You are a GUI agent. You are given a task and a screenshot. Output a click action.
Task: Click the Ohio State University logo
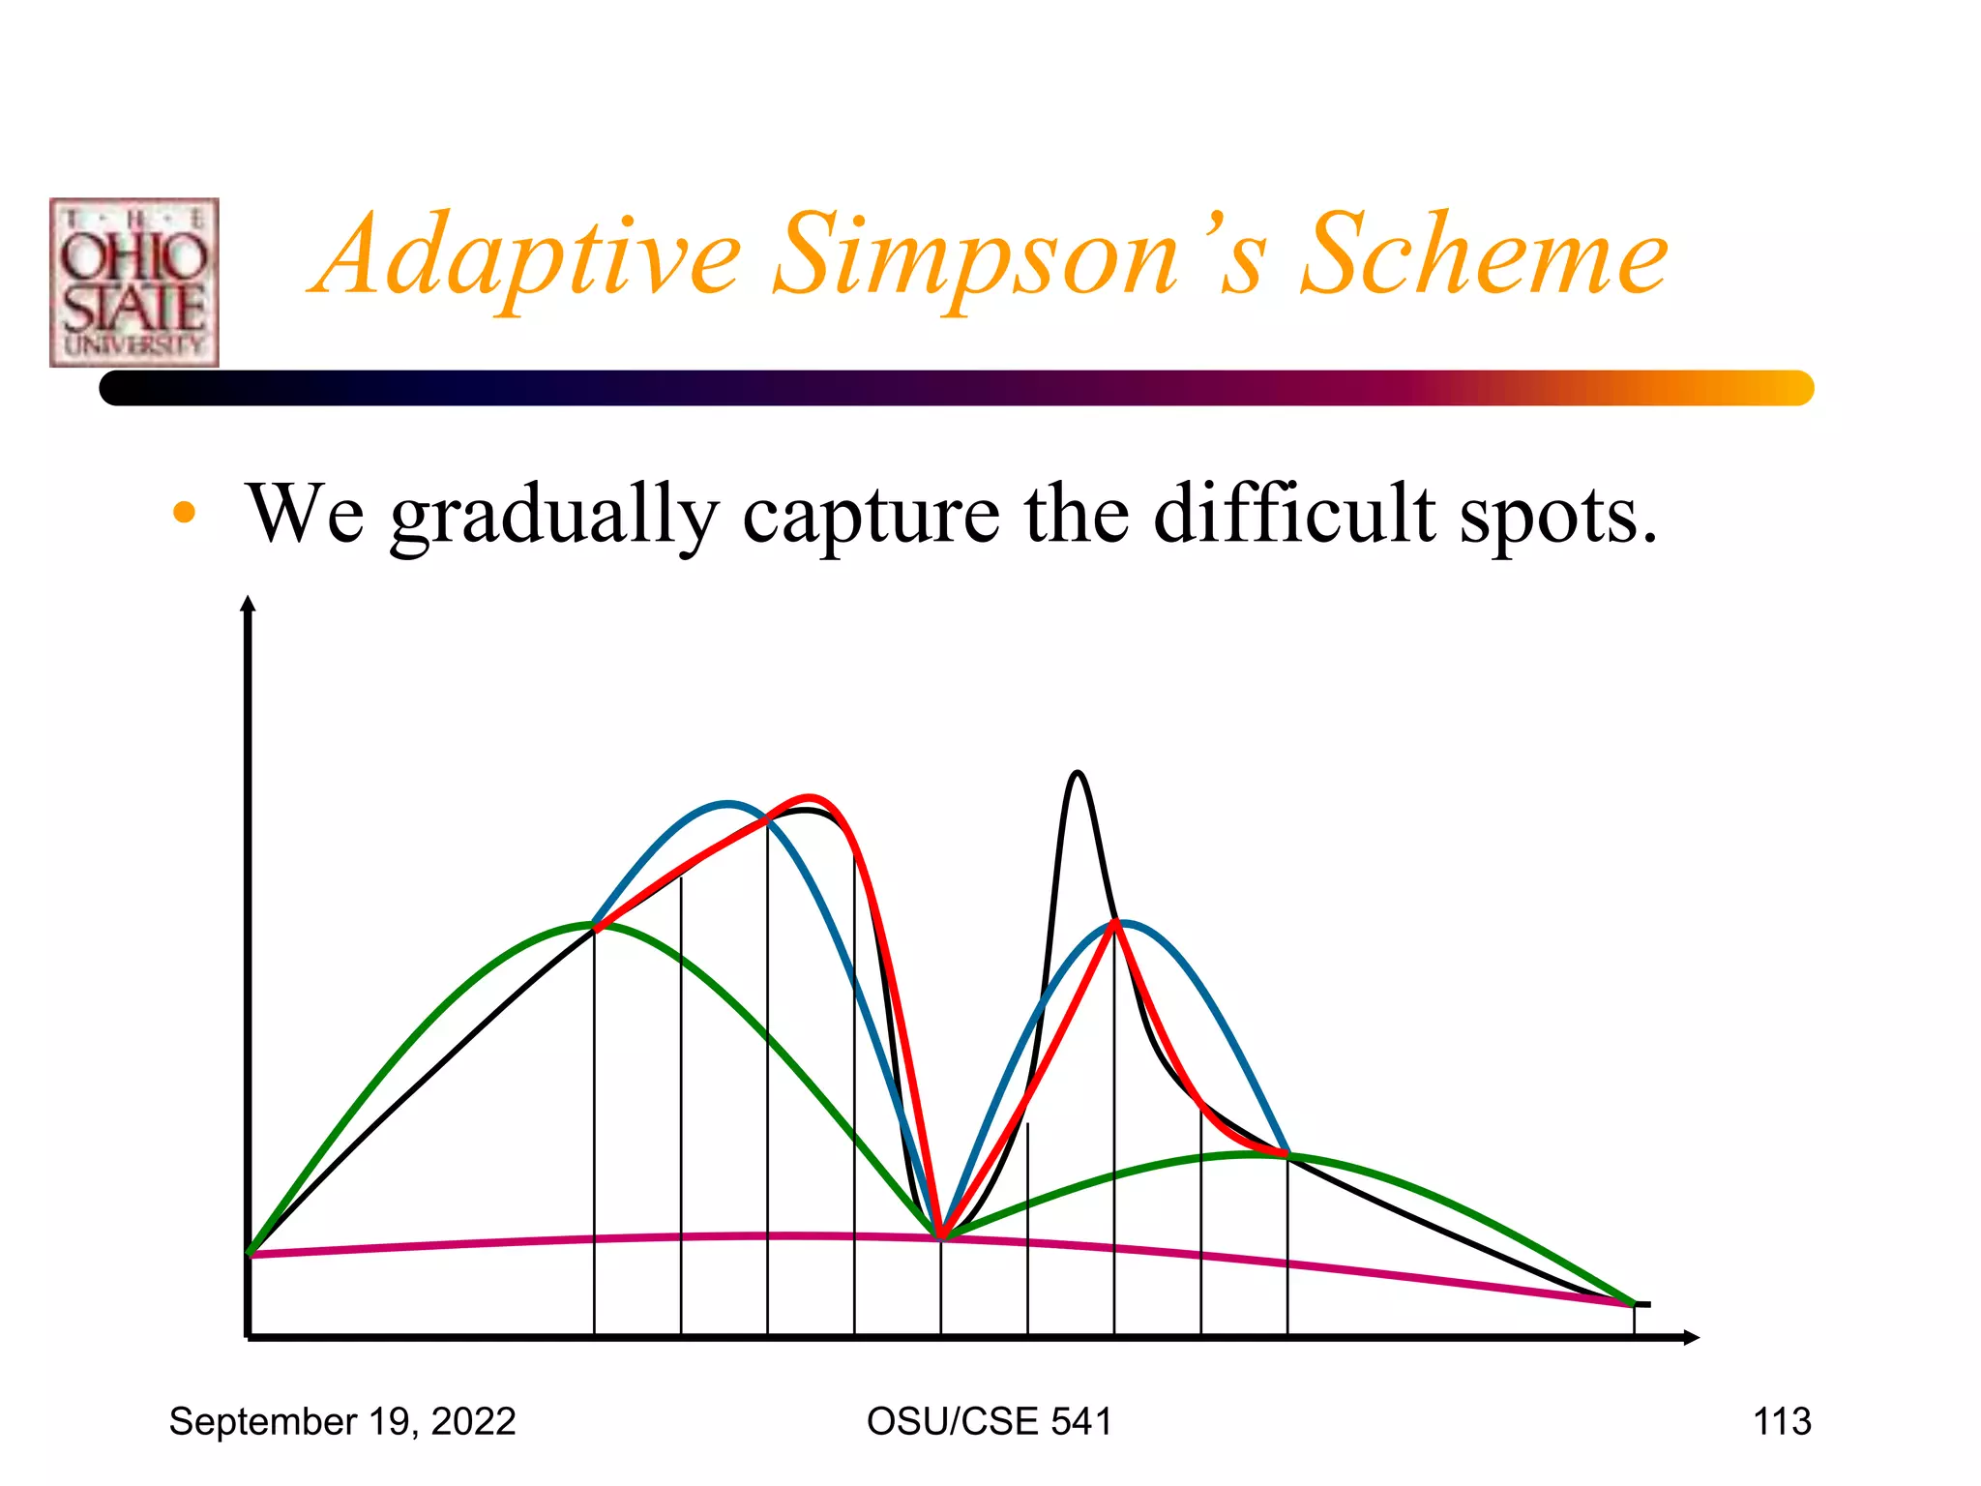click(134, 282)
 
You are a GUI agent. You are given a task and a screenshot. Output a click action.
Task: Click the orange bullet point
click(184, 513)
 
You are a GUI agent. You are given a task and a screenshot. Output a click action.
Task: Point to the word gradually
click(554, 516)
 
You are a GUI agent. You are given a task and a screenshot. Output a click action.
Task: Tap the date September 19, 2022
click(342, 1421)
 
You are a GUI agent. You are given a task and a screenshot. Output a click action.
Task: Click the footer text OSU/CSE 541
click(989, 1421)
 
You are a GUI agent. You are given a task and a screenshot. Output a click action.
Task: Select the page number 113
click(1782, 1421)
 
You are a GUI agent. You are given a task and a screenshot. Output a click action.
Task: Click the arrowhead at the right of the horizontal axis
click(1691, 1337)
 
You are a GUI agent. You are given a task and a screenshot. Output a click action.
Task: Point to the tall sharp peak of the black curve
click(1078, 772)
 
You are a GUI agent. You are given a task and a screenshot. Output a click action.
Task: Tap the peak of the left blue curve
click(727, 803)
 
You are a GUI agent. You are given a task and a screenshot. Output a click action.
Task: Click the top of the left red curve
click(810, 797)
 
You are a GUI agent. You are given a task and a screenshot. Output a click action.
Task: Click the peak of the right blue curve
click(1124, 922)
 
